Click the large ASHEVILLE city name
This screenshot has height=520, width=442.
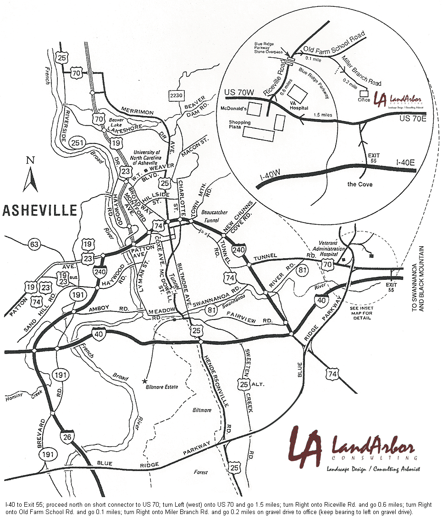pos(39,210)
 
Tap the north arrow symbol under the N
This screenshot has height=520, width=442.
pos(30,179)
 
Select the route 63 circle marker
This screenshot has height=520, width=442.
pos(34,244)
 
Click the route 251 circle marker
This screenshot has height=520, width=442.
pos(78,144)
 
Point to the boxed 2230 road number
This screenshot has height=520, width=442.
pos(176,95)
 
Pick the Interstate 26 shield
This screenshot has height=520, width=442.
pos(66,437)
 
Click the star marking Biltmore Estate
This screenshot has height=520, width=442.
pos(145,381)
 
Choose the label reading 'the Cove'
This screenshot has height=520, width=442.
pos(359,184)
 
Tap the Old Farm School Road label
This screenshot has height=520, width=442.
pos(334,41)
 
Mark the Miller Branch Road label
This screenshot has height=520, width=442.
pos(361,70)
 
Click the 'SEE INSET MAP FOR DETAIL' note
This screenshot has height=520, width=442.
pos(362,313)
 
